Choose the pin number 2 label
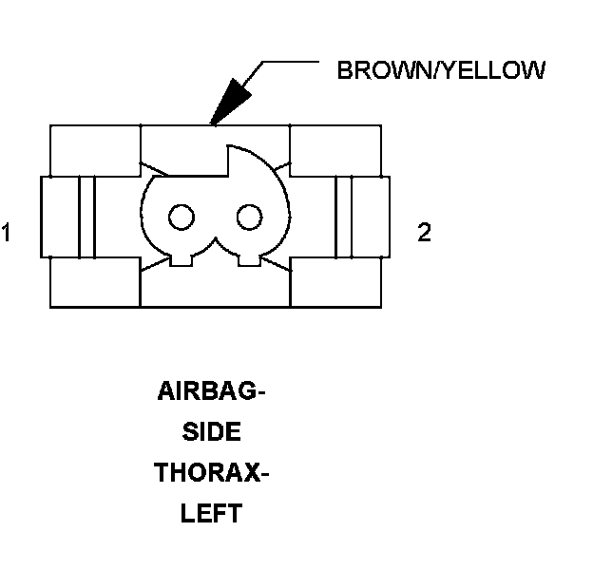[424, 233]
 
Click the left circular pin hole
[179, 218]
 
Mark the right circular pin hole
[249, 218]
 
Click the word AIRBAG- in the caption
[210, 391]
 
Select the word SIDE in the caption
[210, 432]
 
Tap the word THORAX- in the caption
[210, 473]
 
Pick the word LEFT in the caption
[210, 514]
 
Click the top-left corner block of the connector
[94, 149]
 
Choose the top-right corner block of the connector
[335, 149]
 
